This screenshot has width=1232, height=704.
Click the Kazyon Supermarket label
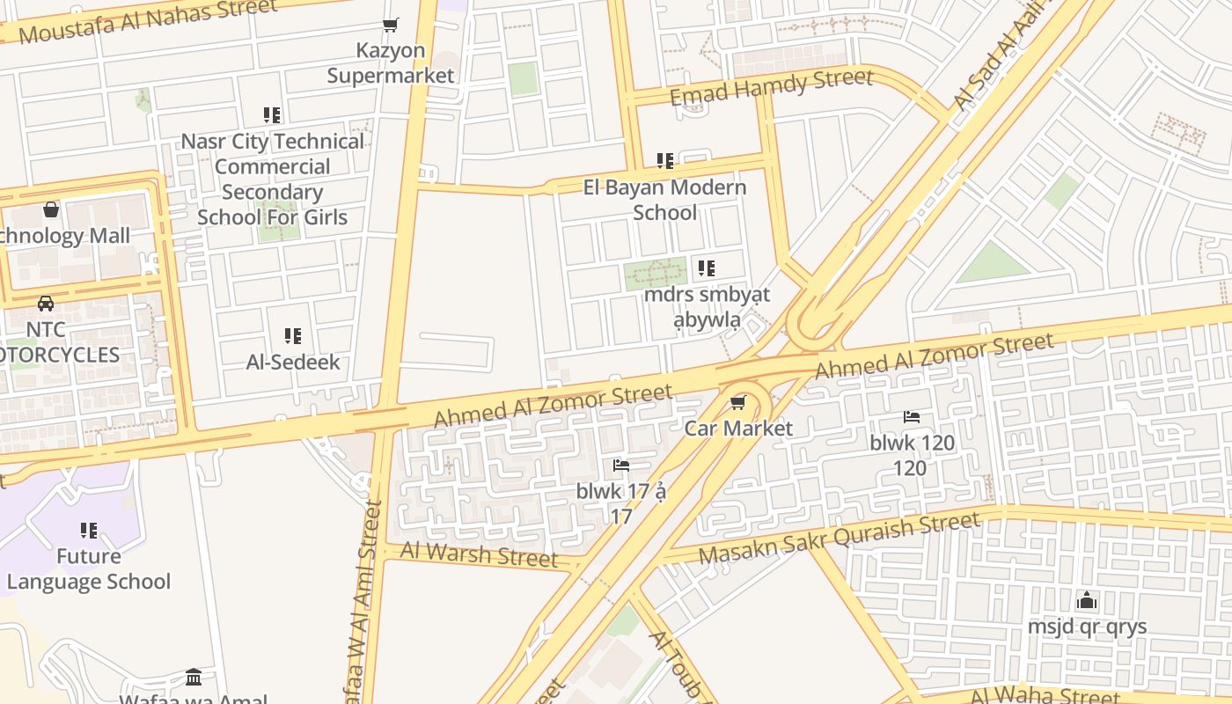pos(391,63)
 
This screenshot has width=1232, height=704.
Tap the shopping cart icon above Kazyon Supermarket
pos(390,26)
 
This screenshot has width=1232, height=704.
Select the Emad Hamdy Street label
pos(772,86)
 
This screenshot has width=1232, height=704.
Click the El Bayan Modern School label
pos(664,200)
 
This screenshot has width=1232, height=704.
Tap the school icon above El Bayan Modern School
pos(664,161)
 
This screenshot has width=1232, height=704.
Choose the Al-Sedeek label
pos(293,362)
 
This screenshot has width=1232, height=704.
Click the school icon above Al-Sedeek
pos(293,335)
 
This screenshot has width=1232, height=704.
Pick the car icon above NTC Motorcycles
pos(46,304)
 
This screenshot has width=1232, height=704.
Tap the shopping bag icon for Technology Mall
pos(51,209)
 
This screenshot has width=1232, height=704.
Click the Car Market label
pos(738,429)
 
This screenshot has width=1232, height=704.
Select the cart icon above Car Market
pos(737,403)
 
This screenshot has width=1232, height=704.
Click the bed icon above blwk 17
pos(621,466)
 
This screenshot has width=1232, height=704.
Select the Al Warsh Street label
pos(479,554)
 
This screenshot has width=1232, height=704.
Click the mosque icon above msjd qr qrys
pos(1087,601)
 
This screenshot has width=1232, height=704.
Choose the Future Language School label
pos(88,568)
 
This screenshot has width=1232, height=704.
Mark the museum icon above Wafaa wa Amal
pos(194,677)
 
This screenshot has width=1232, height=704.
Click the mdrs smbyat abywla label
pos(707,306)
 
